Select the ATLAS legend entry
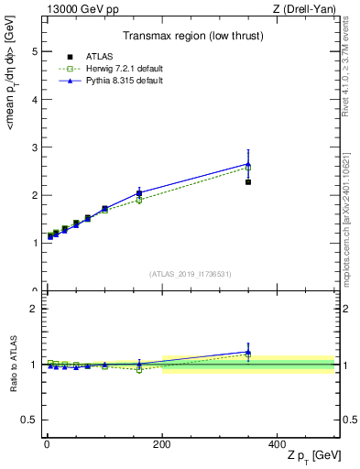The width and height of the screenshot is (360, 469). tap(94, 58)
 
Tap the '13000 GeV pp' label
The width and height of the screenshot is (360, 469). tap(76, 8)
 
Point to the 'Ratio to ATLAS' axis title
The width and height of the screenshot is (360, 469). tap(12, 364)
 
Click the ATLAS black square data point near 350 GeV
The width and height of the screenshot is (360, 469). tap(248, 182)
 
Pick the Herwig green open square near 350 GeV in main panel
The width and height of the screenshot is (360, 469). tap(248, 168)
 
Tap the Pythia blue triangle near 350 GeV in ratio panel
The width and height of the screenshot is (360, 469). tap(248, 352)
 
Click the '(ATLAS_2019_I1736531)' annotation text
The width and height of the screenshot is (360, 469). tap(191, 274)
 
